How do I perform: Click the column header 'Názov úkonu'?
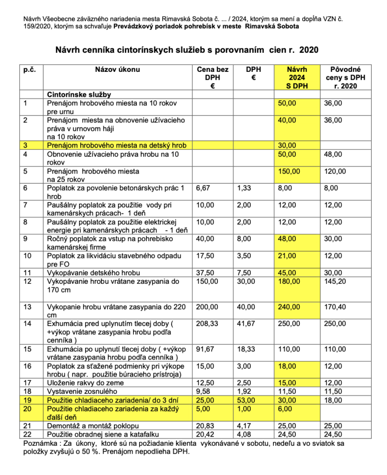click(117, 70)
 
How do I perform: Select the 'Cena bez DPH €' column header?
click(212, 77)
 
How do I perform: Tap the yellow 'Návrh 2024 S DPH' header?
click(297, 77)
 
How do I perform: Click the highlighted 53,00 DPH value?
click(245, 400)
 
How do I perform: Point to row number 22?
click(27, 434)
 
